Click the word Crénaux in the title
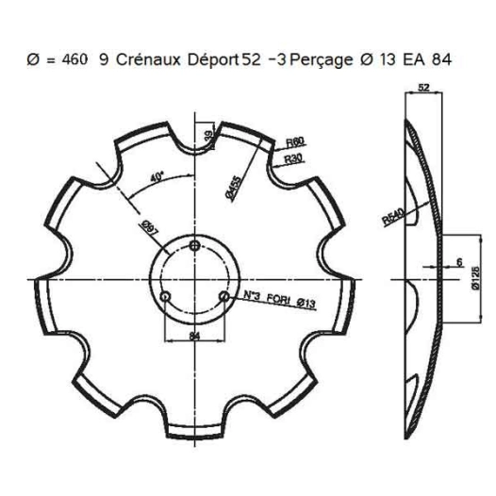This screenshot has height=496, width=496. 147,58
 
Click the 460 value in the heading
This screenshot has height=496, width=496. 74,58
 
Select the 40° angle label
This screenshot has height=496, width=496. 156,176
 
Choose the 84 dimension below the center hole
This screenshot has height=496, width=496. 193,334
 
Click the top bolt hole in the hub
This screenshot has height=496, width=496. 194,245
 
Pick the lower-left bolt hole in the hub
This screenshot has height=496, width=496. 165,296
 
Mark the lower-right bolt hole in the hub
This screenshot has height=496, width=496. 223,296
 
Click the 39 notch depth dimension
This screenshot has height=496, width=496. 209,138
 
